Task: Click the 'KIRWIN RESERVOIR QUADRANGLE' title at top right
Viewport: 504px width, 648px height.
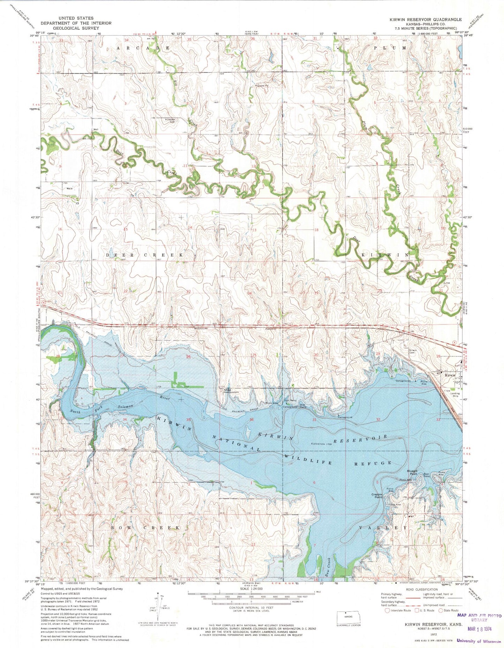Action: point(426,20)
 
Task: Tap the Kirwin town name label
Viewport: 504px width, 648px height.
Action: point(450,375)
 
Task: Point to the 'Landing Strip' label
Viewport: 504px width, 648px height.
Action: point(455,395)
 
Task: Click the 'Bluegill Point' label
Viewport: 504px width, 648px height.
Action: point(413,472)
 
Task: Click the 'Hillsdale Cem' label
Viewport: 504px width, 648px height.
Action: point(170,120)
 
